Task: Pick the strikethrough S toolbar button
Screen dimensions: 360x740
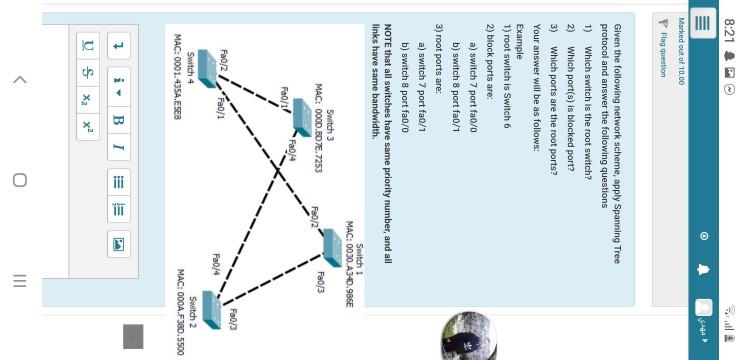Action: click(86, 72)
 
